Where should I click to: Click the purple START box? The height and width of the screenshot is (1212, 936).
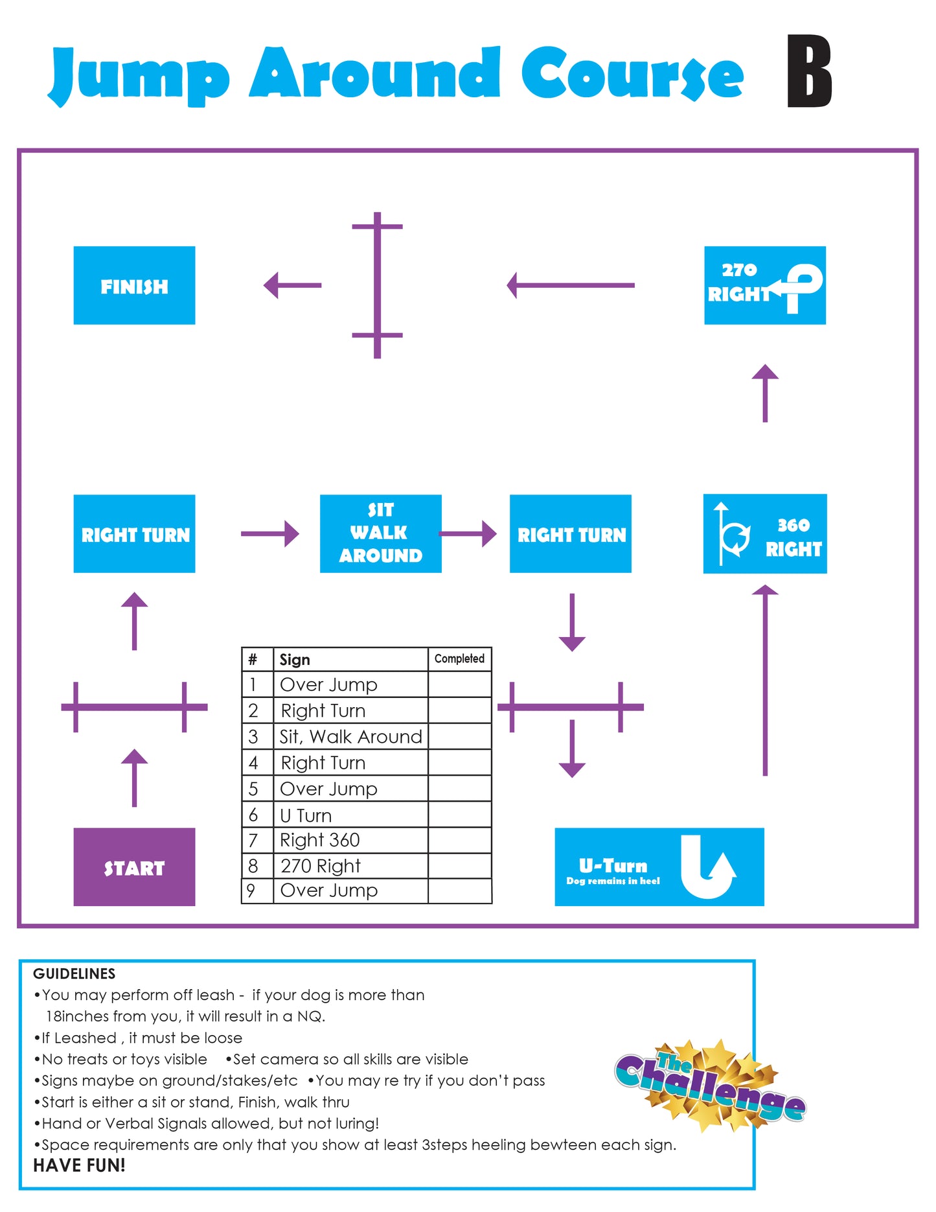134,867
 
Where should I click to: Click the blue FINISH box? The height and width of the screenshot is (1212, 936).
134,285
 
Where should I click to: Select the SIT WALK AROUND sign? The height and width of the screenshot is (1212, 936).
381,533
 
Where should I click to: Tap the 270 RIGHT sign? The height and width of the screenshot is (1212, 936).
765,285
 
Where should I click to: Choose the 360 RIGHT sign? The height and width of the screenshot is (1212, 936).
765,533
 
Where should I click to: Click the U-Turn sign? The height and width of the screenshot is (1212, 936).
659,867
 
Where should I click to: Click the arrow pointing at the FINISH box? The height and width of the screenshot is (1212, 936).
292,285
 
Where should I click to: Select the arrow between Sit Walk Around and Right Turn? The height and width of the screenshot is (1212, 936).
468,534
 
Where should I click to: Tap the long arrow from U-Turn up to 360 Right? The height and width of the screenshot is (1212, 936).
765,680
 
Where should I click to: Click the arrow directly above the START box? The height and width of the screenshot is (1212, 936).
134,778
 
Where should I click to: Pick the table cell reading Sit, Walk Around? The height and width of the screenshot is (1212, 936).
350,736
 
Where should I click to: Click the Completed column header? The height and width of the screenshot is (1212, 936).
459,658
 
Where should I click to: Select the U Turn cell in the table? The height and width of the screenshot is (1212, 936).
350,815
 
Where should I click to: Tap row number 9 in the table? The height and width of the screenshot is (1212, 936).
251,891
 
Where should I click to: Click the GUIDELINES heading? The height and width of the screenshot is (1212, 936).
74,973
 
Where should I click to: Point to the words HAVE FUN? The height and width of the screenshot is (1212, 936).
79,1165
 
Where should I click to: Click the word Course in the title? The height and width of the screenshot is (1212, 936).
632,73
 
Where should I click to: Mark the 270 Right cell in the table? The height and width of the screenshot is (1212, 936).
350,866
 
